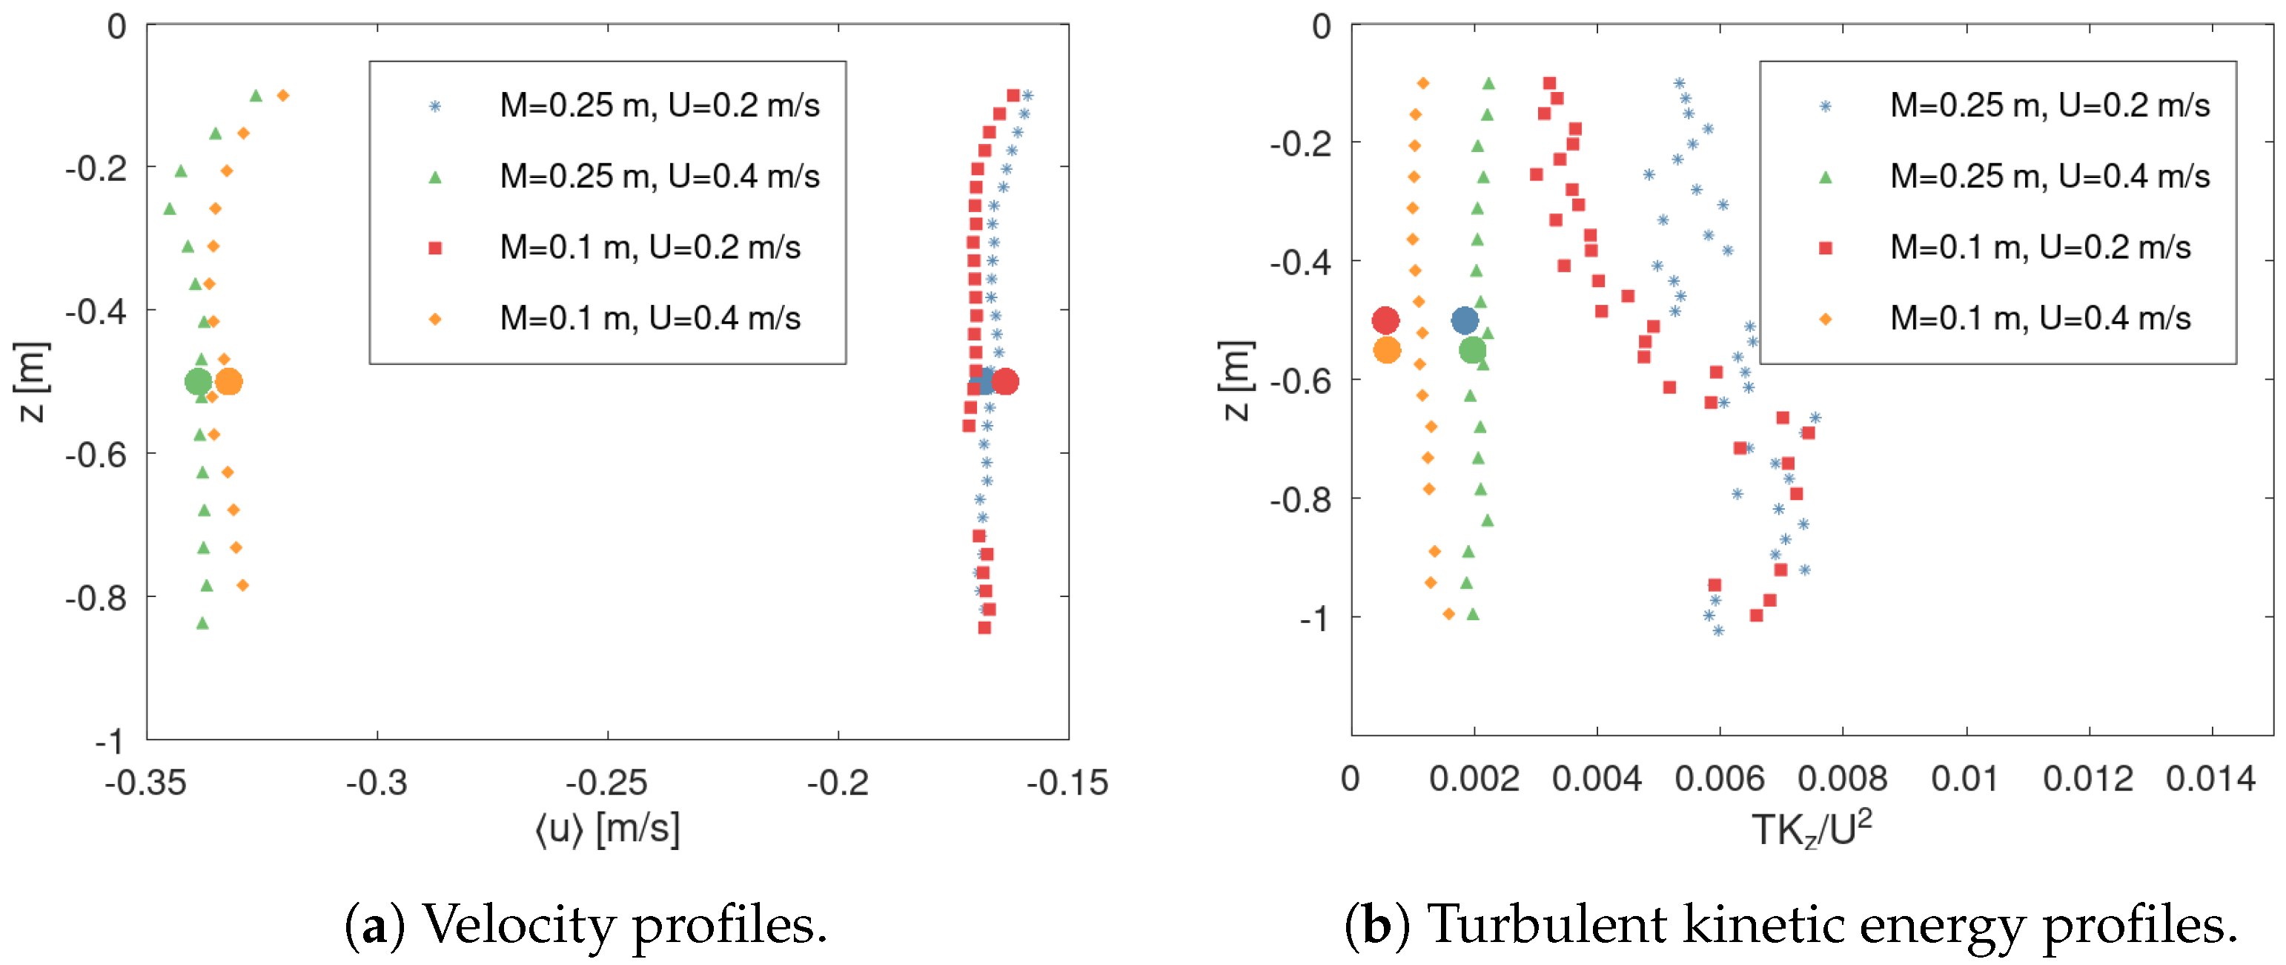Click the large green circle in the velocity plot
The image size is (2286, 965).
[198, 383]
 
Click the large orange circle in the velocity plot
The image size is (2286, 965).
[229, 383]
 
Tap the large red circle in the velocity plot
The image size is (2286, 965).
[1004, 383]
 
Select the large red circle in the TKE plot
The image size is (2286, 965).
[1385, 320]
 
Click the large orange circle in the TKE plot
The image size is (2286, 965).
[1387, 351]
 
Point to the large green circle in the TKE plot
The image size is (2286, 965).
[1472, 351]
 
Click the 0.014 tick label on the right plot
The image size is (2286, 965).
[2210, 780]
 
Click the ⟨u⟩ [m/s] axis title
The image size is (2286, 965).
[607, 829]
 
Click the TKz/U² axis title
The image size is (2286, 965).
[1811, 829]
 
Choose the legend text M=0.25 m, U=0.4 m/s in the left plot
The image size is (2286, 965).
[660, 177]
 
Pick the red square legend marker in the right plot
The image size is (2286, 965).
[1826, 248]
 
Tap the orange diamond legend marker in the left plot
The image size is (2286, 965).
[435, 320]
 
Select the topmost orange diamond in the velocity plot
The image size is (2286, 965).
[283, 95]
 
